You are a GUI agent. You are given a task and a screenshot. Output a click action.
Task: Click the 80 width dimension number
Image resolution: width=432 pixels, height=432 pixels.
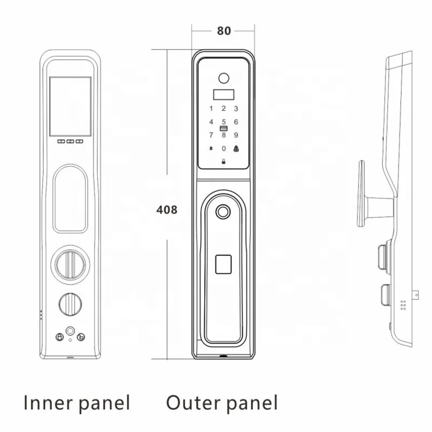(x=224, y=30)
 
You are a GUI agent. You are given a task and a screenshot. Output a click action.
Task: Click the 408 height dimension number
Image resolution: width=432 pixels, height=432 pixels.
(x=166, y=210)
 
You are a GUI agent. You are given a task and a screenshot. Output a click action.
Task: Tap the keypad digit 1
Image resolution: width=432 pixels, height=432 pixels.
(x=211, y=109)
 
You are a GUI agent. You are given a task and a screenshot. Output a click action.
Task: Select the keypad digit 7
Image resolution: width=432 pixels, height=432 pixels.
(x=211, y=135)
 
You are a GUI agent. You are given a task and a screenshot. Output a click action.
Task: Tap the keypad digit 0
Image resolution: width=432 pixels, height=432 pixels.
(x=224, y=148)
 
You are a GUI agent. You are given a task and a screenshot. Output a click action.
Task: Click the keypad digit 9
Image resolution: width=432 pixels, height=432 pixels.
(x=236, y=135)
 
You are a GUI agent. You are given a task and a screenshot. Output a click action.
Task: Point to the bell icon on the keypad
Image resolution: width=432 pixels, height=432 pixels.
(x=236, y=148)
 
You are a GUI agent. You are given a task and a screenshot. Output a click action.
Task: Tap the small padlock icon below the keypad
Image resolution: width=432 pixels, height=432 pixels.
(x=224, y=160)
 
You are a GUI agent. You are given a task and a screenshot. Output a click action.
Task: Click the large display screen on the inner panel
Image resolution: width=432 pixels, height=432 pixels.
(x=70, y=106)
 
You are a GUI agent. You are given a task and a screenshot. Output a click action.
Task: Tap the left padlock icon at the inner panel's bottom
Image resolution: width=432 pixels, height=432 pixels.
(x=59, y=337)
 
